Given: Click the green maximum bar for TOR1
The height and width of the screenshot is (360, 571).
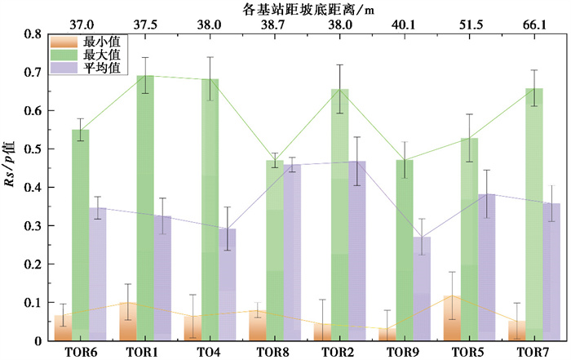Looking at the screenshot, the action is point(145,208).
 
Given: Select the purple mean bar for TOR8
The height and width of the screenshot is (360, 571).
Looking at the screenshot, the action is point(292,252).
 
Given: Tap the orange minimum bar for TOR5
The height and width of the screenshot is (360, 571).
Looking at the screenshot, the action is point(452,318).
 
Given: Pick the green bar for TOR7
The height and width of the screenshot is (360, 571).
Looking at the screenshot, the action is point(534,215).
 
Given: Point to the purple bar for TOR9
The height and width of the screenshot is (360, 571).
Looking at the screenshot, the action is point(422,289).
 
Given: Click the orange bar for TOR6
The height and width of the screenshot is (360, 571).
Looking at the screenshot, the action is point(63,328).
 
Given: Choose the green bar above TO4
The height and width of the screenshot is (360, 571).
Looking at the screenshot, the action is point(210,210).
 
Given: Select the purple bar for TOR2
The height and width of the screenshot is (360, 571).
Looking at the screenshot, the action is point(357,251).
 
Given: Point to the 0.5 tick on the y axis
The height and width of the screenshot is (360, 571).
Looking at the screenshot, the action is point(37,149).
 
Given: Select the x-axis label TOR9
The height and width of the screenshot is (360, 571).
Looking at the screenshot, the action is point(403,352).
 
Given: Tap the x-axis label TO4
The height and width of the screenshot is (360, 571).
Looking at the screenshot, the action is point(209,352).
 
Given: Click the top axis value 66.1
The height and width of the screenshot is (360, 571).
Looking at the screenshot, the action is point(534,24).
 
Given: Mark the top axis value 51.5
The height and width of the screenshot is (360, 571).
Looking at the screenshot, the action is point(470,24).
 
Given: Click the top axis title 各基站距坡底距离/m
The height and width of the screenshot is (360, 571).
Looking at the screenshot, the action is point(308,9).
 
